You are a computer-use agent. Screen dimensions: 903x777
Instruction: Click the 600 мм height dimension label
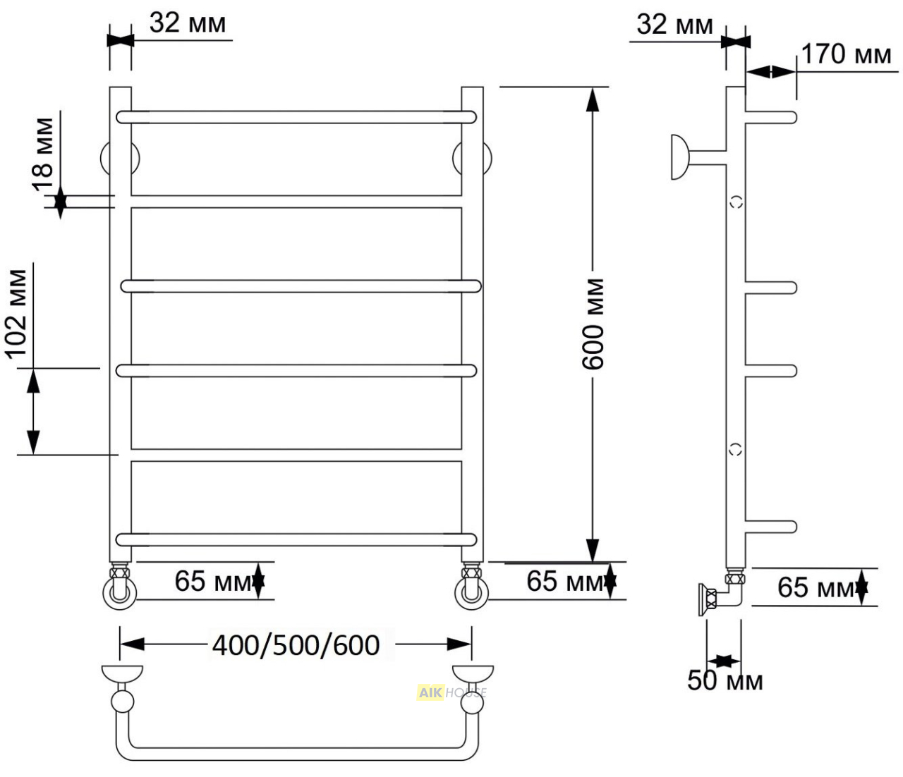[x=593, y=324]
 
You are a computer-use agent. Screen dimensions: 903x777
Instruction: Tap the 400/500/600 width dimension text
[x=296, y=645]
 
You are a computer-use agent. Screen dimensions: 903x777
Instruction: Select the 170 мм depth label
[x=846, y=54]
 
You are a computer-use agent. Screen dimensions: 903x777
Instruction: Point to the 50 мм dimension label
[x=725, y=680]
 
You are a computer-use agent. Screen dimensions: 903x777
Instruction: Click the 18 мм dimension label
[x=43, y=154]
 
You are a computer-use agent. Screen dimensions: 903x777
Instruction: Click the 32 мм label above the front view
[x=188, y=23]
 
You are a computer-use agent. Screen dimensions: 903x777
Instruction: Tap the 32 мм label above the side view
[x=674, y=25]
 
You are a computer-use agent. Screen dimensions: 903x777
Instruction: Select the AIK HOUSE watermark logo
[x=451, y=692]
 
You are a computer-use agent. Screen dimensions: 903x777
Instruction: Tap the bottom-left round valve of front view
[x=120, y=593]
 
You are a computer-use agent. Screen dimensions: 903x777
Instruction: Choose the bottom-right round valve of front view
[x=472, y=593]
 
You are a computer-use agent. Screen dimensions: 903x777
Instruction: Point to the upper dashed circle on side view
[x=737, y=202]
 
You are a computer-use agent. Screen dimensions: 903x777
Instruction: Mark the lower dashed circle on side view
[x=736, y=448]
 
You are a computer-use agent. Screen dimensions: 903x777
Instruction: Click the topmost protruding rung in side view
[x=771, y=118]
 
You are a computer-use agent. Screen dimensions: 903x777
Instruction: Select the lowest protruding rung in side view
[x=771, y=527]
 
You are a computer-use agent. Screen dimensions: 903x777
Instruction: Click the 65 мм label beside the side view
[x=816, y=587]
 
